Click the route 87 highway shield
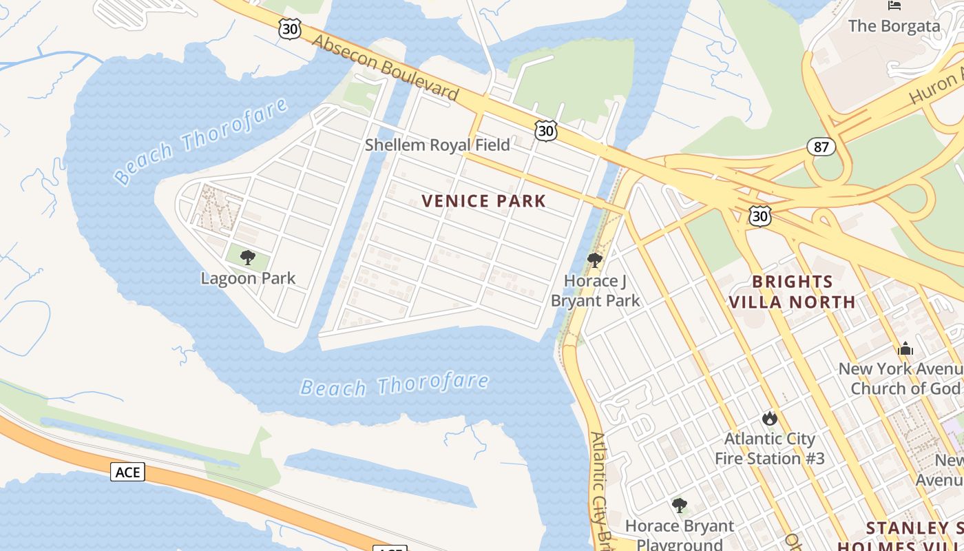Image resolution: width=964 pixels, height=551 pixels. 821,146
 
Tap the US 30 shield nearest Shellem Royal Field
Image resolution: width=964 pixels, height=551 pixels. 545,130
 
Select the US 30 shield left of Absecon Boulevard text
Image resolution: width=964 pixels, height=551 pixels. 289,28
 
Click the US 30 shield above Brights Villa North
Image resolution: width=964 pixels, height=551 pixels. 759,216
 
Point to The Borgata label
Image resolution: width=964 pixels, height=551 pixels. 894,26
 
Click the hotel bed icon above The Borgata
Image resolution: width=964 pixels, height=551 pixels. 894,6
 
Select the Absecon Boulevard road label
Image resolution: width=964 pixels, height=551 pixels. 385,67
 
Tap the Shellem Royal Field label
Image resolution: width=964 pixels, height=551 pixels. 437,145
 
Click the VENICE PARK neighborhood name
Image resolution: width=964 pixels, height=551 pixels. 483,201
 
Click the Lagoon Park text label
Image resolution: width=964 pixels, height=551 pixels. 248,278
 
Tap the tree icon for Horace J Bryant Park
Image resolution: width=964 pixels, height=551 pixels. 595,260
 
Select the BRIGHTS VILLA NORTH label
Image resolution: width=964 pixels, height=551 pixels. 792,291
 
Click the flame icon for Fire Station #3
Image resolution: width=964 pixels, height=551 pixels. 769,418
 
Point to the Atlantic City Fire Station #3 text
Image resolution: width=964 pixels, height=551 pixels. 769,448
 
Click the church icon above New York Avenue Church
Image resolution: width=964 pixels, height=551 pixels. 905,349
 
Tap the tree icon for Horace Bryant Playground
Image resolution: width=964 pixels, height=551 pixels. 680,506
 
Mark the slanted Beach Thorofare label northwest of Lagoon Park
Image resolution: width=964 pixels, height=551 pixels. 201,141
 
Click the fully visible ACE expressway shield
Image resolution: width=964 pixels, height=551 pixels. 127,472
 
